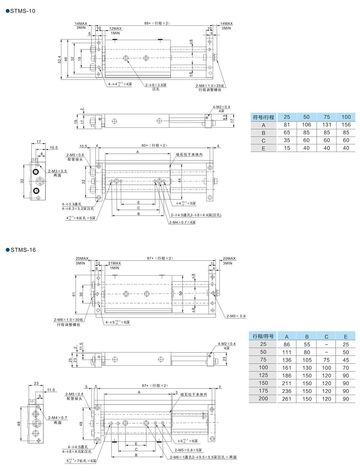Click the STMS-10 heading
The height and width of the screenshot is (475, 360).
(x=22, y=11)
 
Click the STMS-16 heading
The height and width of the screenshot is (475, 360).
(x=23, y=250)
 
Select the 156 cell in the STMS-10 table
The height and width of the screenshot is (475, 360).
(x=346, y=125)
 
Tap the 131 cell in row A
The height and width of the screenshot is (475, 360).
(x=327, y=125)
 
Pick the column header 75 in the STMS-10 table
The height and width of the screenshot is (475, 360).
(x=327, y=117)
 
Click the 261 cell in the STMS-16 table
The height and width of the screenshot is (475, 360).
(x=286, y=399)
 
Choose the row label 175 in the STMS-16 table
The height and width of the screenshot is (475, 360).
(x=263, y=391)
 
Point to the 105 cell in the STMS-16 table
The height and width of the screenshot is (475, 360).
(x=307, y=360)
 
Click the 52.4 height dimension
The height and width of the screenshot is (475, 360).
(x=59, y=60)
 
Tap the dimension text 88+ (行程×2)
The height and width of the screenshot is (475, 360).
(x=157, y=23)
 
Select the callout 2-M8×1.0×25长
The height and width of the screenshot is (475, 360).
(x=210, y=86)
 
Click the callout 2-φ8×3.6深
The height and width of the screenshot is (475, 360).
(x=156, y=85)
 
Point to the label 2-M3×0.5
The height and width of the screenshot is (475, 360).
(x=57, y=171)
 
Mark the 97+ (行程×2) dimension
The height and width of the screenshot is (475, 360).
(x=160, y=258)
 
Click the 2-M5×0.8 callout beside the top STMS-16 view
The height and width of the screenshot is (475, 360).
(x=236, y=316)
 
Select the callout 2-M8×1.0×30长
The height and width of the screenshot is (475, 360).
(x=69, y=320)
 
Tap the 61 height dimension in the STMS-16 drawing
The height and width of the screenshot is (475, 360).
(x=74, y=294)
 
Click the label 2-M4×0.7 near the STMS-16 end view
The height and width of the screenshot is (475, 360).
(x=57, y=418)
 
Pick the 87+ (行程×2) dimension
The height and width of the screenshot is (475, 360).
(x=155, y=386)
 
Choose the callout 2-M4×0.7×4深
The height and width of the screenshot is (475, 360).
(x=182, y=222)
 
